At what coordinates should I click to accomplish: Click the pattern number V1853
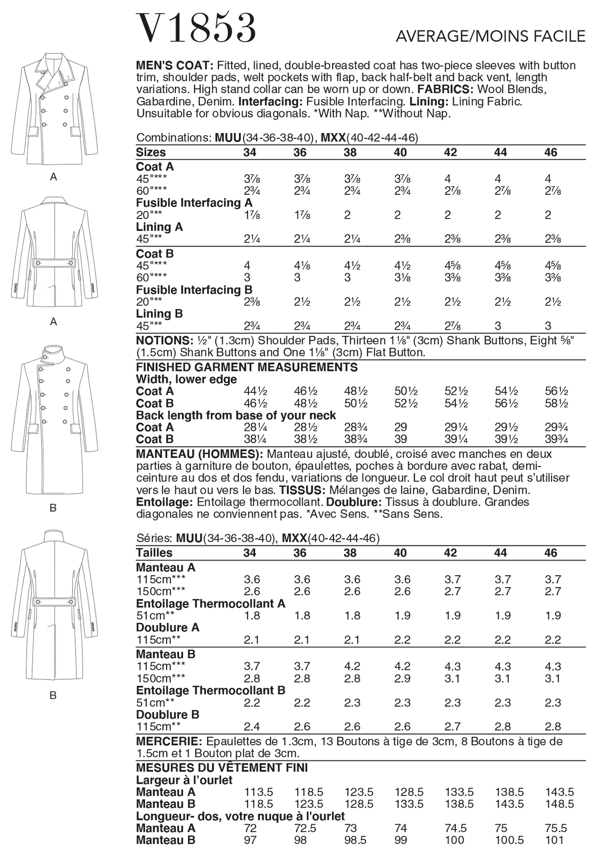pos(196,28)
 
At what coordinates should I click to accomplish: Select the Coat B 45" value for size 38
pos(350,266)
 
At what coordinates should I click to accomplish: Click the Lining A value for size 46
pos(553,239)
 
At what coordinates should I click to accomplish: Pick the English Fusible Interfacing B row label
pos(194,290)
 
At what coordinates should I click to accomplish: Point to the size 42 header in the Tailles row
pos(450,552)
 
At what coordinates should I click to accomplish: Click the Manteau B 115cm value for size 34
pos(251,666)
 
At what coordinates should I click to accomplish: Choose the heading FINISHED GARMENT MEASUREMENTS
pos(246,367)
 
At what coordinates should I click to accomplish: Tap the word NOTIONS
pos(163,341)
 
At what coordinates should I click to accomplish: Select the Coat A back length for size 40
pos(400,427)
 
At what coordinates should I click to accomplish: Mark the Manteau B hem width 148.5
pos(559,804)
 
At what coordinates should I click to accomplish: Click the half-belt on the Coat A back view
pos(54,263)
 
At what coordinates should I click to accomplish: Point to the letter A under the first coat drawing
pos(54,177)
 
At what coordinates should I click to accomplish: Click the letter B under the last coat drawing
pos(53,695)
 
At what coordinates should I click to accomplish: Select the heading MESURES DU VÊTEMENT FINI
pos(222,768)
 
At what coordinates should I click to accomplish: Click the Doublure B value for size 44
pos(502,726)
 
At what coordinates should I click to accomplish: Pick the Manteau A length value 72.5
pos(305,828)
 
